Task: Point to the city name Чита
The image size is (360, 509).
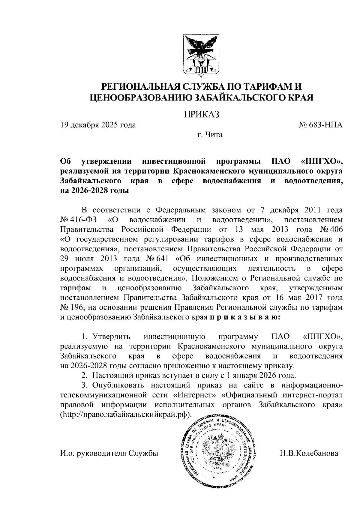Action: click(x=214, y=135)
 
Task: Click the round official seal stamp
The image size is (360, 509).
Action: click(x=218, y=453)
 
